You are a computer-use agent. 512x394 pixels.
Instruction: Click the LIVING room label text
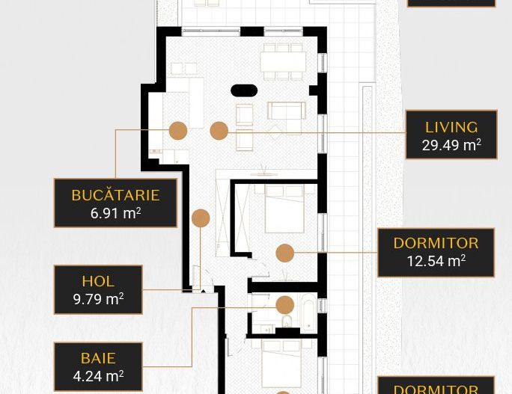451,127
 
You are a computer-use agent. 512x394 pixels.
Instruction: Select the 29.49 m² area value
451,145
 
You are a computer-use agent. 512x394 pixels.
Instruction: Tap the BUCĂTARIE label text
115,195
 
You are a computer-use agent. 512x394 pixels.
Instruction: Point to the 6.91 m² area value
115,213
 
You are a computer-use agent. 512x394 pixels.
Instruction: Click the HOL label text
98,281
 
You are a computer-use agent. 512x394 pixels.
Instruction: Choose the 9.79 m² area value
98,299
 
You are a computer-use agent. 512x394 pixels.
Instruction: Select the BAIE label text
98,358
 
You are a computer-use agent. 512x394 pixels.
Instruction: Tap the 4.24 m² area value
98,376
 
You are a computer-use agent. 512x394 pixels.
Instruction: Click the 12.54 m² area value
436,261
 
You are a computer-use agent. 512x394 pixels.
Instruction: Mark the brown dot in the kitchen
178,131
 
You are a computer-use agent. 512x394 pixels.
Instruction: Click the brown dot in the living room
219,131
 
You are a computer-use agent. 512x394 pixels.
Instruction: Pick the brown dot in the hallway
201,218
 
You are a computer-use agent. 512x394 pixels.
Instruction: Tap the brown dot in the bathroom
284,304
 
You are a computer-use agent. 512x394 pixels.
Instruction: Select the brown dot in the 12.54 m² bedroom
284,253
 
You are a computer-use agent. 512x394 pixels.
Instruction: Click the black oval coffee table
244,90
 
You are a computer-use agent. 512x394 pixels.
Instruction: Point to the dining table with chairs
283,61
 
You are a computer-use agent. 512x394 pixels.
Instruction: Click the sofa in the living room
286,111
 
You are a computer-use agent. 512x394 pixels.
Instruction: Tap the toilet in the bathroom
286,322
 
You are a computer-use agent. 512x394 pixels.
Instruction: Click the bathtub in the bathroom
308,312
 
